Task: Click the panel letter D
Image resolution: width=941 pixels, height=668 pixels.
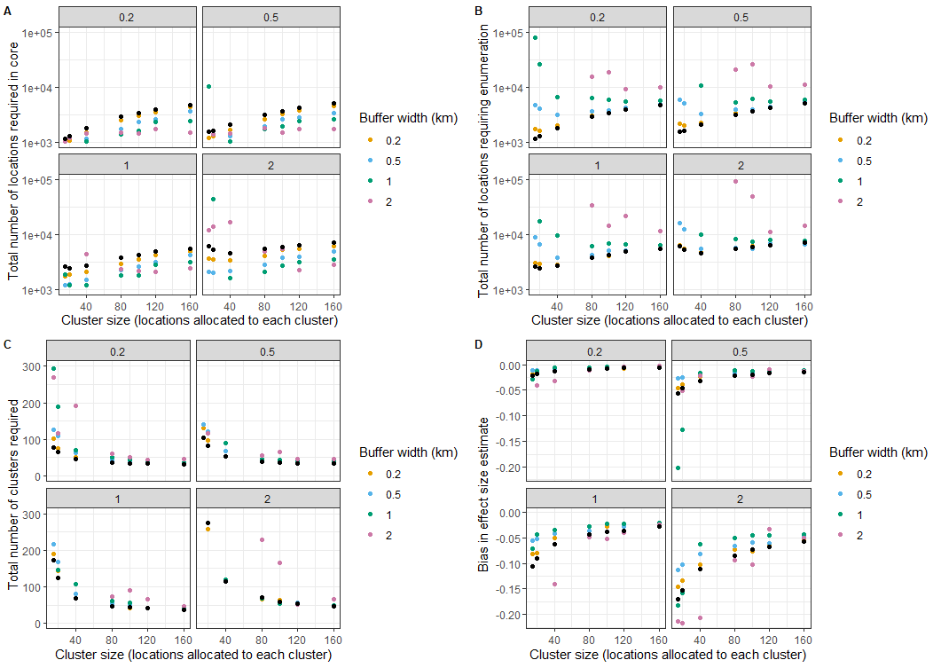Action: pos(479,344)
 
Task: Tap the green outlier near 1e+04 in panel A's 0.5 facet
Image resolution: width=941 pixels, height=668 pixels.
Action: pos(208,86)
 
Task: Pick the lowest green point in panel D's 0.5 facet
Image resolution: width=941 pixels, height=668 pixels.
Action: pos(678,468)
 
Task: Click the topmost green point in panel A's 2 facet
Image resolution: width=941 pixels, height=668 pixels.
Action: pos(213,199)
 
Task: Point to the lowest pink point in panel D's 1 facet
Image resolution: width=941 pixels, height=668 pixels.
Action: pos(554,584)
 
